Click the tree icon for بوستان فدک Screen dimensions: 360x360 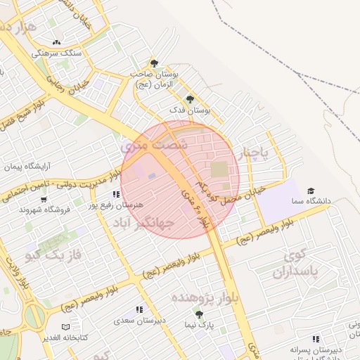[x=190, y=99]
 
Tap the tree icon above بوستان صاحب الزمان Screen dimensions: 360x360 [x=155, y=63]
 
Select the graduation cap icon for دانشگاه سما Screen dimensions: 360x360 [x=311, y=191]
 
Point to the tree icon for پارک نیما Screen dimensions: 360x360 [x=199, y=314]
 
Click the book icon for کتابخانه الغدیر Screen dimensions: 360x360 [x=65, y=327]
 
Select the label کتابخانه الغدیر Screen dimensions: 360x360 [x=64, y=337]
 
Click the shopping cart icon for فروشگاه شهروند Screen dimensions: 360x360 [x=44, y=200]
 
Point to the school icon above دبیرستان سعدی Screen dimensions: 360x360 [x=139, y=309]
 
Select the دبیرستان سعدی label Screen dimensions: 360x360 [x=141, y=320]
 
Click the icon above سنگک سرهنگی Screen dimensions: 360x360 [x=57, y=42]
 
